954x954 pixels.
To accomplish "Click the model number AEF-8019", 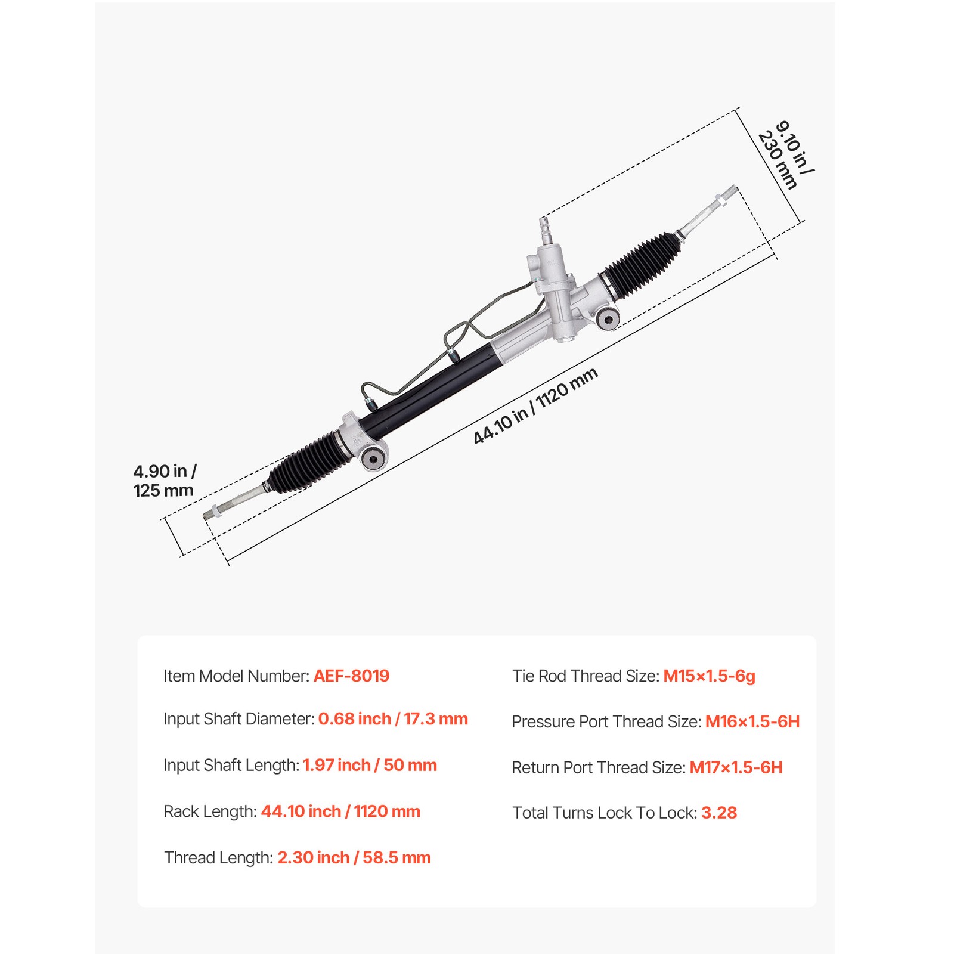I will click(x=351, y=676).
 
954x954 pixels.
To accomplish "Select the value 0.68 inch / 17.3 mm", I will click(x=393, y=719).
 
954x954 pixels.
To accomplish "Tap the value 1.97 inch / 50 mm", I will click(x=370, y=765).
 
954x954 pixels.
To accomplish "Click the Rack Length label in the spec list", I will click(x=210, y=811).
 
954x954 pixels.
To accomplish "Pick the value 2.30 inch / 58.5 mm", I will click(x=354, y=857).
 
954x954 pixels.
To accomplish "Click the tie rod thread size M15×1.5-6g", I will click(x=709, y=676).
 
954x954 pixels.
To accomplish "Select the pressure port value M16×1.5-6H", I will click(x=752, y=721).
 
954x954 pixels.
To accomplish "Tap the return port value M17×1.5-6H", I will click(x=736, y=767).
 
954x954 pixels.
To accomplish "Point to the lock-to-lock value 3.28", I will click(x=719, y=813).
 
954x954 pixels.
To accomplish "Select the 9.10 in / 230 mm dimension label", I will click(x=786, y=155).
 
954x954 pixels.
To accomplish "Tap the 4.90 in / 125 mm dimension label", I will click(x=164, y=481).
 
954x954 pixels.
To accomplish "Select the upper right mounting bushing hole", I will click(x=608, y=319).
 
